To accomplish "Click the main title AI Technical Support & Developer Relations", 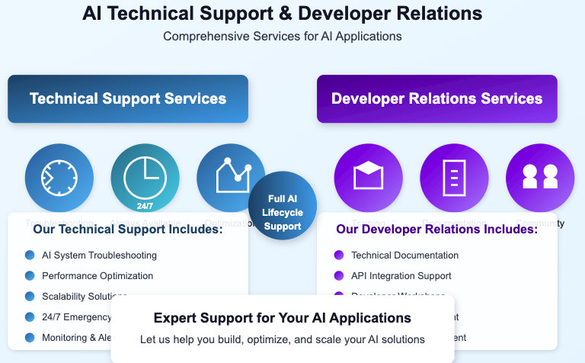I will pos(282,13).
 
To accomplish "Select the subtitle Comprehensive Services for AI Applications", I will pos(282,36).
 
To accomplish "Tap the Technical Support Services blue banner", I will pos(128,98).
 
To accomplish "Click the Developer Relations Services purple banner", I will pos(436,98).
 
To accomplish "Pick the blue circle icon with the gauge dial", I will pos(59,178).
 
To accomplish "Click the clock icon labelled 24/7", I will pos(145,178).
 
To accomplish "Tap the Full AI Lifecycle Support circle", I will pos(283,205).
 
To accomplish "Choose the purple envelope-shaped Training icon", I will pos(369,178).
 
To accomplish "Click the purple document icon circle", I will pos(455,178).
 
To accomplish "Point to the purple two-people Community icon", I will pos(540,178).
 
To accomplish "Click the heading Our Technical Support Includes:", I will pos(128,229).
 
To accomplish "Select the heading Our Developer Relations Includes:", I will pos(437,229).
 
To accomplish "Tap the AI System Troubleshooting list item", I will pos(99,255).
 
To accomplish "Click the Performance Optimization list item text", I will pos(97,276).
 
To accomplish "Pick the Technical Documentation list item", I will pos(404,255).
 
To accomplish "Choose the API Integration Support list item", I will pos(401,276).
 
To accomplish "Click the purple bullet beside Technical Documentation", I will pos(339,255).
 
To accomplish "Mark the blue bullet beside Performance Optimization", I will pos(30,276).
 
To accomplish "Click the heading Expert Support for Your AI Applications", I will pos(282,318).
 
